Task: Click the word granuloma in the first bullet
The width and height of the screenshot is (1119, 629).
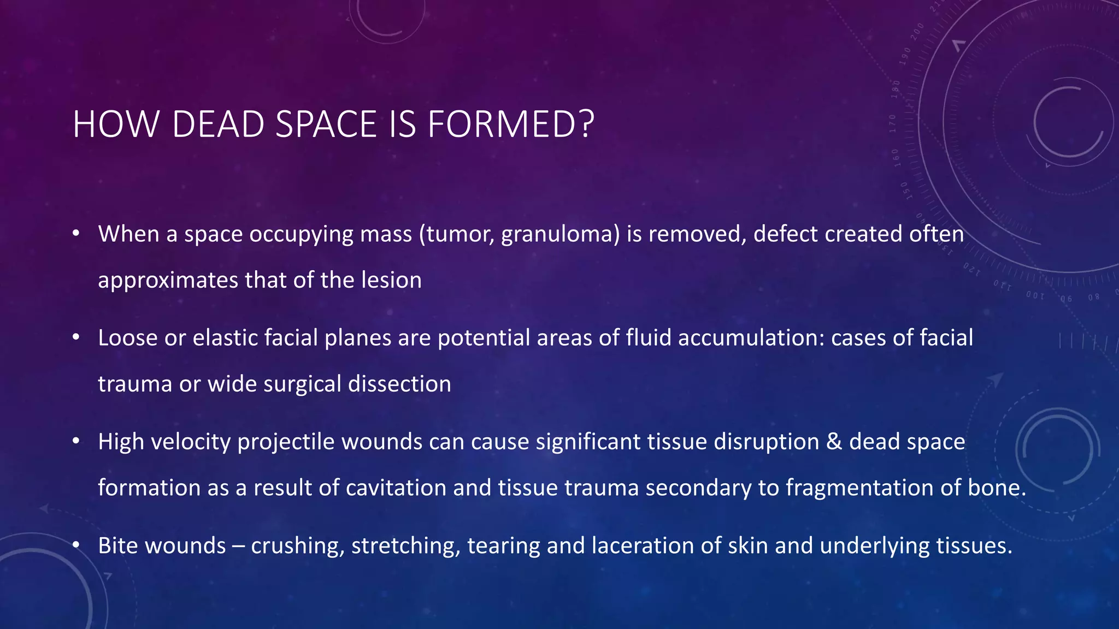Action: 560,235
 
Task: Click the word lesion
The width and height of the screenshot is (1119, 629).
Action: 391,280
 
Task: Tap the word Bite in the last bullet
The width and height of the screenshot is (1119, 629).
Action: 118,545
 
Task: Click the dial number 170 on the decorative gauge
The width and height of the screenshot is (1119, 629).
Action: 893,124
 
